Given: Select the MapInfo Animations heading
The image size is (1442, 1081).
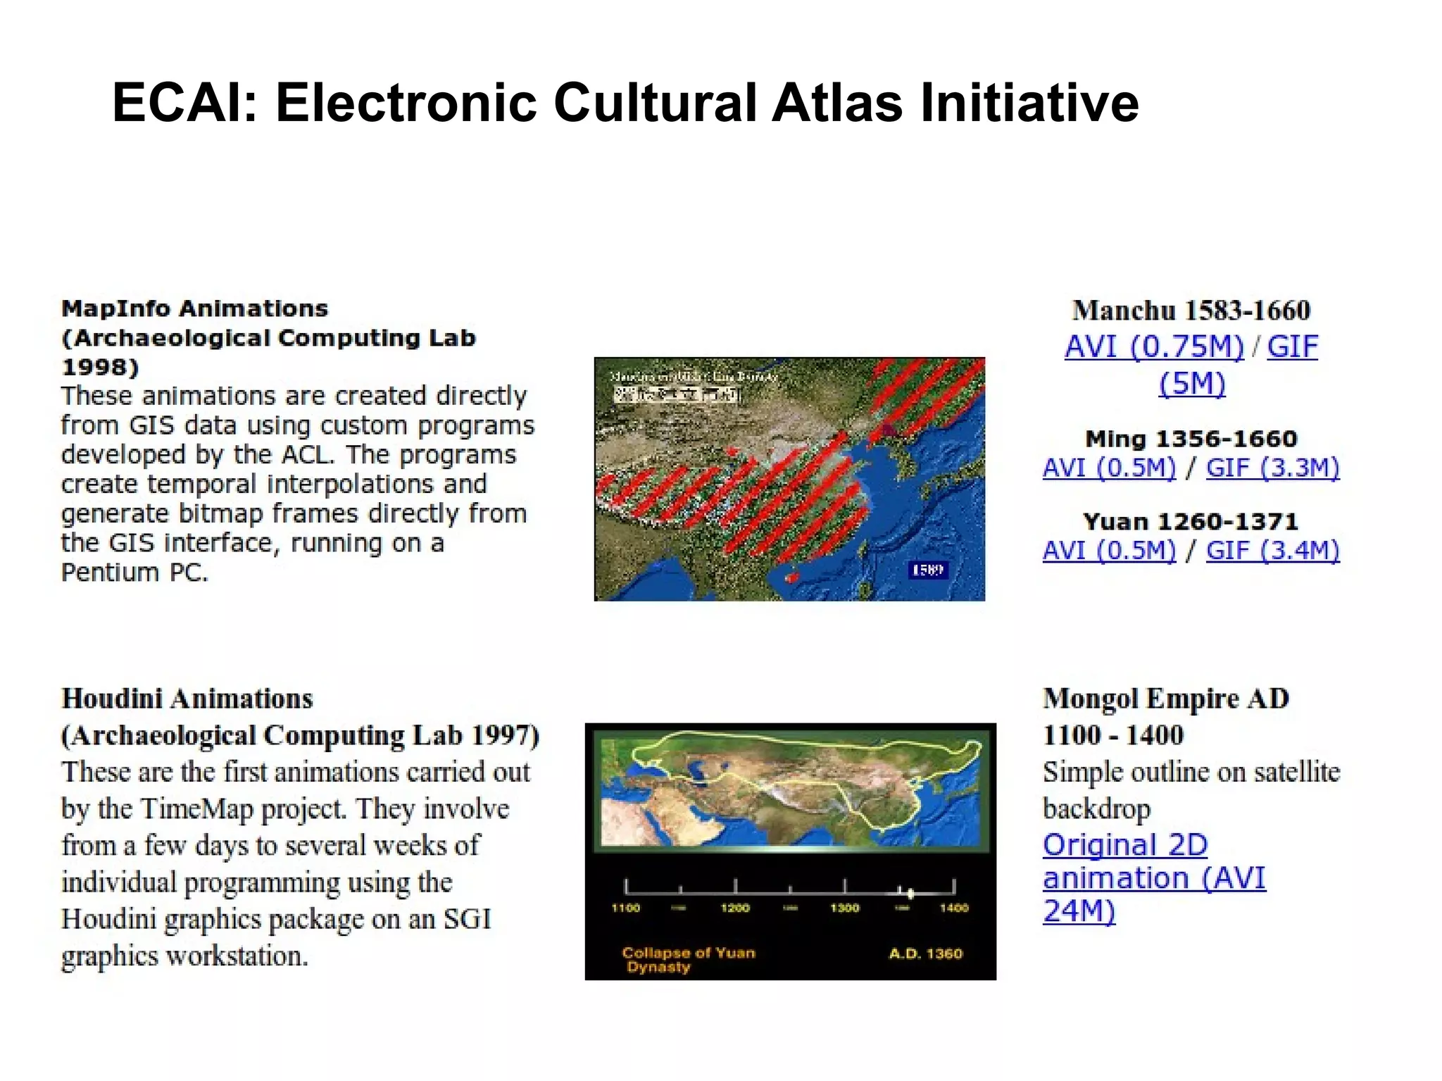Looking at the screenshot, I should (x=194, y=308).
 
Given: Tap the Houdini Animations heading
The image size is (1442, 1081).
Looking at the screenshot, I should (x=187, y=699).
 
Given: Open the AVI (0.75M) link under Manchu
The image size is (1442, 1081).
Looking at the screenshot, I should (x=1154, y=346).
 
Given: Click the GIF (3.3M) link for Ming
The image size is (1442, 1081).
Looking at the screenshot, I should (x=1272, y=468).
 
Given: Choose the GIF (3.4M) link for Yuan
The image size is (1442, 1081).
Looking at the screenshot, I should (x=1272, y=550).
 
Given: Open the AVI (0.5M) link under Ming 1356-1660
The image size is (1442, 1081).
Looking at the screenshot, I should (x=1109, y=468).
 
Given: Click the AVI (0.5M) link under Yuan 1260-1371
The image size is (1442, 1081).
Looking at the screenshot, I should (x=1109, y=550).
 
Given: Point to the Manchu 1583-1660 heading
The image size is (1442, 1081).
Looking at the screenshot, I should (x=1191, y=310).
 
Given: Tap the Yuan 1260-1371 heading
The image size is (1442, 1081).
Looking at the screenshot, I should (x=1191, y=522).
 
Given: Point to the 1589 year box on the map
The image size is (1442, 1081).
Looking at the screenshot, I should (x=927, y=570).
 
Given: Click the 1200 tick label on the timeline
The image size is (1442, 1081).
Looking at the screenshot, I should (x=735, y=908).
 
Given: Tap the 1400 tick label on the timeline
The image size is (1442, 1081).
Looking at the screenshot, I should (x=954, y=908).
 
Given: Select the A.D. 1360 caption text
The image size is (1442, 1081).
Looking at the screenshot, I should (x=925, y=954).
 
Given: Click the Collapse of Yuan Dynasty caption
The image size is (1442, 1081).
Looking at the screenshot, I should (x=687, y=959).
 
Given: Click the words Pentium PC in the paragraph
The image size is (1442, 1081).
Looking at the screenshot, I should (x=134, y=573).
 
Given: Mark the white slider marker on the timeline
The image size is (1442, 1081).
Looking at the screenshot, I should (x=910, y=894).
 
